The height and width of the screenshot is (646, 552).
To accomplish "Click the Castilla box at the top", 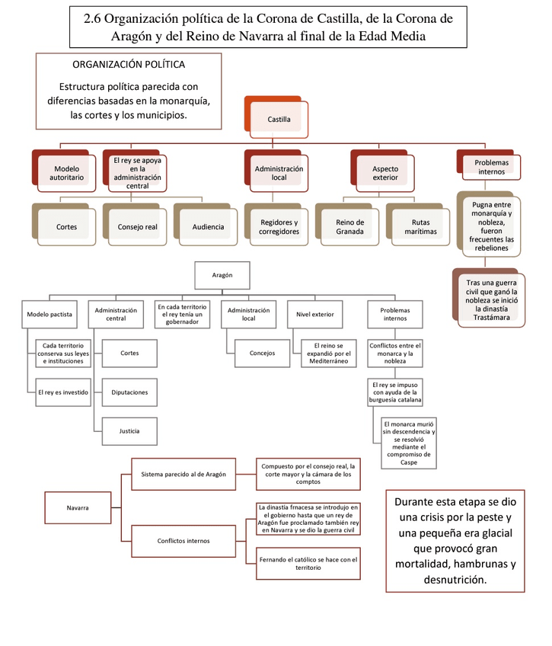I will pos(279,120).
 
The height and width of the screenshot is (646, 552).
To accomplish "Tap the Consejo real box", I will pos(137,227).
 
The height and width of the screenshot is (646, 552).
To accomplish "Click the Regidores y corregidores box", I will pos(279,227).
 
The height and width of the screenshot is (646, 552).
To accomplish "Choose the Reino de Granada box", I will pos(349,227).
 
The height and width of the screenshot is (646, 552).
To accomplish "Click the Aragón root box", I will pos(222,274).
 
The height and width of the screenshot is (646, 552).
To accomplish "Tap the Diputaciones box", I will pos(129,392).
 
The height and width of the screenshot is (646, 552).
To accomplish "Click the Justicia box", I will pos(129,430).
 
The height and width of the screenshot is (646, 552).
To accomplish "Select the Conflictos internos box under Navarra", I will pos(184,541).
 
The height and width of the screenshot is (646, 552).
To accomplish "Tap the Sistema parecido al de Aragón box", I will pos(184,474).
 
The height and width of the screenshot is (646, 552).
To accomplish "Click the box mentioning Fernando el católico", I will pos(308,564).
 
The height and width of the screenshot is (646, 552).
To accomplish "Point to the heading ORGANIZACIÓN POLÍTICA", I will pos(128,64).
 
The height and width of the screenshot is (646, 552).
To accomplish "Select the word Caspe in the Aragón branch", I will pos(409,462).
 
